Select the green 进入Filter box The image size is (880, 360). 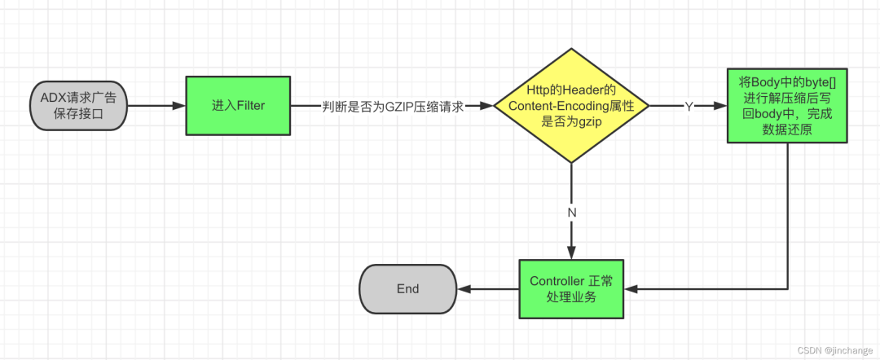[239, 106]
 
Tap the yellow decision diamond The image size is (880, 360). [571, 106]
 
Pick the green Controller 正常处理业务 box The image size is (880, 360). [571, 289]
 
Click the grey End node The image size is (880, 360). [407, 289]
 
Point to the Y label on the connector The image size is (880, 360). [689, 107]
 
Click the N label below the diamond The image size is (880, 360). [571, 211]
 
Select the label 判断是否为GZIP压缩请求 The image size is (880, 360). [393, 107]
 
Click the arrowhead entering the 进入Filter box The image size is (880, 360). [180, 106]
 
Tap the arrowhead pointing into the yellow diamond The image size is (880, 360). [488, 106]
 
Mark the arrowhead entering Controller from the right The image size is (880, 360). [630, 289]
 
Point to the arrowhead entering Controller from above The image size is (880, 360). [571, 253]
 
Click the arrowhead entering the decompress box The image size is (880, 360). [720, 106]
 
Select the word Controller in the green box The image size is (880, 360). [557, 282]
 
